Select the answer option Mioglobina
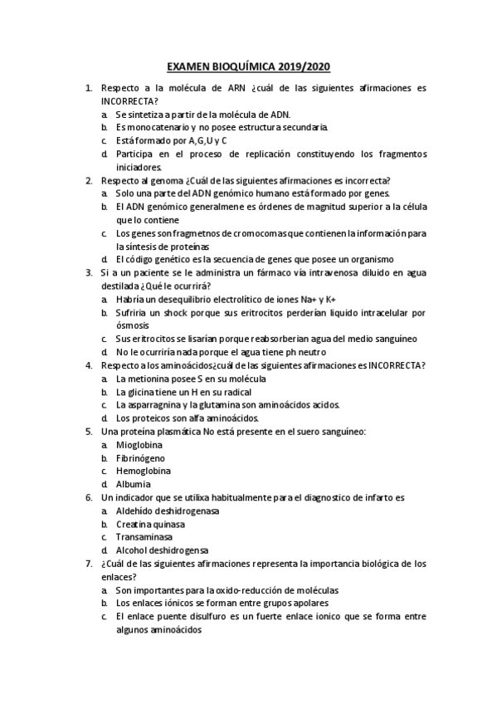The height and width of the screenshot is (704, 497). pos(139,445)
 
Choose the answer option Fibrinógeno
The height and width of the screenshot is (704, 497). pos(140,457)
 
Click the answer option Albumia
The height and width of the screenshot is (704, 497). pos(134,484)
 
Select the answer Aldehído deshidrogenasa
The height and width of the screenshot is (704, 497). pos(168,511)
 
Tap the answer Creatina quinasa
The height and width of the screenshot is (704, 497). pos(150,524)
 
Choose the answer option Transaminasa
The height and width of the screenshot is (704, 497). pos(145,537)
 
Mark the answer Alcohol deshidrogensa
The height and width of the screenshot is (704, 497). pos(162,550)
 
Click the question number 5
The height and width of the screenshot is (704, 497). pos(89,432)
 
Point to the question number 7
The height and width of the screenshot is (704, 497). pos(89,563)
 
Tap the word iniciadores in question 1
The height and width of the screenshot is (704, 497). pos(138,166)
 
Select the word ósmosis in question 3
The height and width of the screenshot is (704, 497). pos(133,325)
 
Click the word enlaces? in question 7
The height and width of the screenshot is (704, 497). pos(119,576)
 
